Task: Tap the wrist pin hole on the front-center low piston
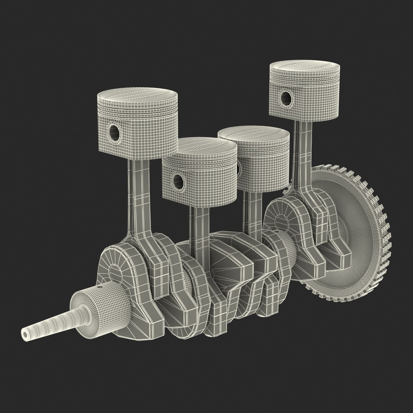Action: tap(177, 180)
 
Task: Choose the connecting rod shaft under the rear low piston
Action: tap(250, 214)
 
